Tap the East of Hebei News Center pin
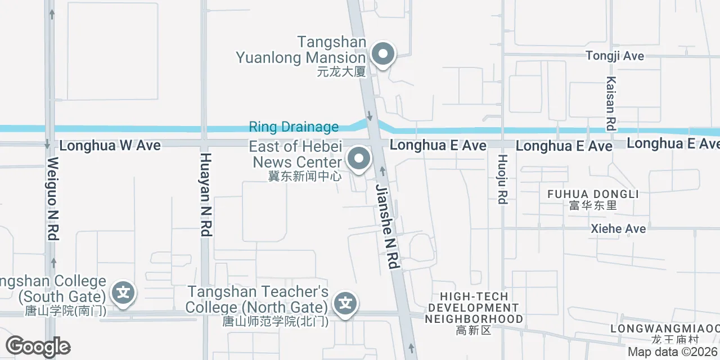[359, 159]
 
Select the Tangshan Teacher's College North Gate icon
[345, 304]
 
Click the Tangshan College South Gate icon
[123, 293]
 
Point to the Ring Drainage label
[294, 127]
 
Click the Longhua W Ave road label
[110, 146]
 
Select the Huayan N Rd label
[206, 194]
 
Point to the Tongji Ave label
[615, 56]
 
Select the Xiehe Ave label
[618, 229]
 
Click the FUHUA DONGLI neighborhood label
[593, 194]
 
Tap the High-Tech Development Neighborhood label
[474, 308]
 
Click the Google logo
[38, 346]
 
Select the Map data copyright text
[673, 352]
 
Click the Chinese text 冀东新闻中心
[305, 176]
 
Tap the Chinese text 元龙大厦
[341, 71]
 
